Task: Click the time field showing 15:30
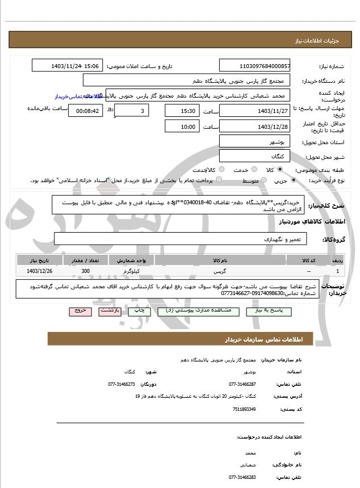point(182,111)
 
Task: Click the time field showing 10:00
point(182,127)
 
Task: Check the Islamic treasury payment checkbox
point(220,180)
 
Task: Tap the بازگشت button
point(109,312)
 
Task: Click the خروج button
point(79,312)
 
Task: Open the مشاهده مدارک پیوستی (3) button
point(185,312)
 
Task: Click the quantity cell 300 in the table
point(86,272)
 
